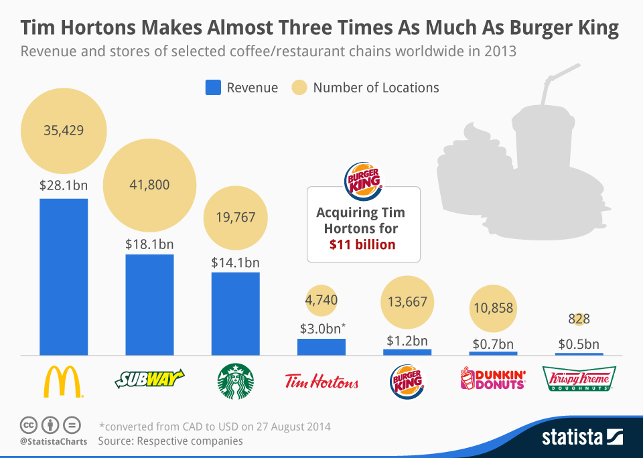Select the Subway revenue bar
coord(149,304)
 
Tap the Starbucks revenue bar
coord(235,313)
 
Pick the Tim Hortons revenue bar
coord(321,346)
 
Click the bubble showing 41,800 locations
coord(149,185)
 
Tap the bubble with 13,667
coord(407,302)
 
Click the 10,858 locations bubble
coord(492,308)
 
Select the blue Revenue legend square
coord(212,88)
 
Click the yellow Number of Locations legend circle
coord(299,88)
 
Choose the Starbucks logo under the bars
coord(235,382)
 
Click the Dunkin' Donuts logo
coord(492,381)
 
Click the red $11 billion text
coord(362,244)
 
